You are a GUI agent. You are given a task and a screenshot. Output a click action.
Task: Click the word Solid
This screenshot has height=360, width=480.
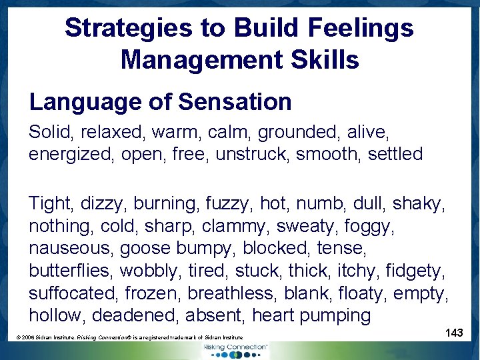click(49, 132)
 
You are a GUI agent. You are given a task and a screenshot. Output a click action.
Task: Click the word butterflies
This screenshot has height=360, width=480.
click(71, 271)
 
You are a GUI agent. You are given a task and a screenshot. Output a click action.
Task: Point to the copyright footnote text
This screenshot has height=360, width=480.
click(129, 338)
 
